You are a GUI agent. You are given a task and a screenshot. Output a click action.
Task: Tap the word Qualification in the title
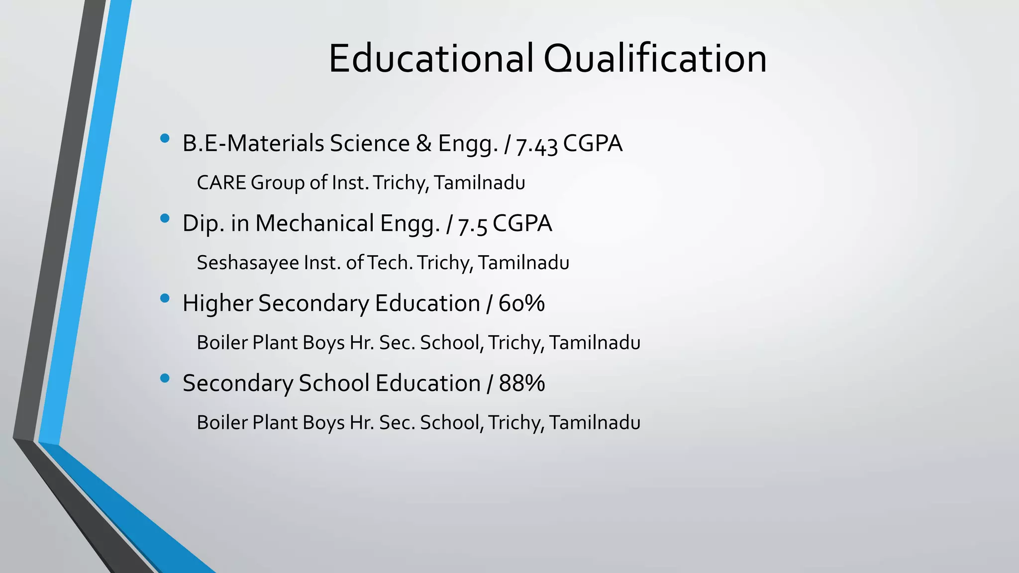point(655,59)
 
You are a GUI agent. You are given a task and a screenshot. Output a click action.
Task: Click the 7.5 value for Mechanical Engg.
point(472,224)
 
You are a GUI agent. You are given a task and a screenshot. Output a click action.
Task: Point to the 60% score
point(521,303)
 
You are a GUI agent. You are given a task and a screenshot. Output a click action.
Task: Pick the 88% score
point(522,383)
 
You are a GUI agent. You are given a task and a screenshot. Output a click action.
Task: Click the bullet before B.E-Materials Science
point(165,138)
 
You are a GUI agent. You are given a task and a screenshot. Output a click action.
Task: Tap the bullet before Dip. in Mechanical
point(165,218)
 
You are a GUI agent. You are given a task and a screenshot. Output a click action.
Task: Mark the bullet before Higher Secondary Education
point(165,298)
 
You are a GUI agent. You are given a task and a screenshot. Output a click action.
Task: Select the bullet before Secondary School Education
point(165,379)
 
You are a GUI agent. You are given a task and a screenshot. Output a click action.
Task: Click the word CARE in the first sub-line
point(221,183)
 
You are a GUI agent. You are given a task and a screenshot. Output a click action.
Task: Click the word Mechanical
point(314,223)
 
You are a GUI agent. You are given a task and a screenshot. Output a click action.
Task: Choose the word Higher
point(218,303)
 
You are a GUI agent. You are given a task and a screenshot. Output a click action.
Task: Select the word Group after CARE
point(277,183)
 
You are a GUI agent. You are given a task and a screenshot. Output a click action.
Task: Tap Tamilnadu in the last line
point(595,423)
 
